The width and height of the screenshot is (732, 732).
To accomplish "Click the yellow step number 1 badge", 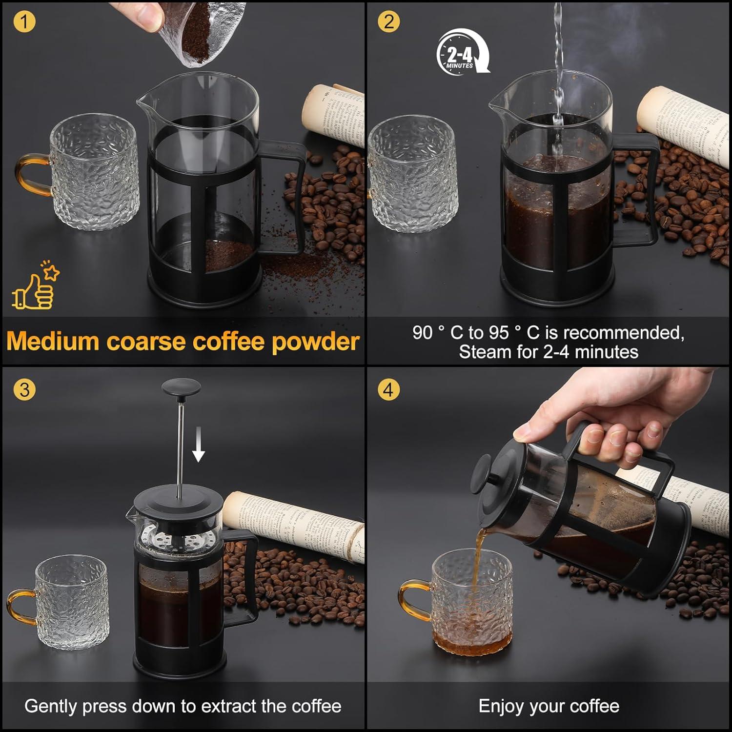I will pos(24,22).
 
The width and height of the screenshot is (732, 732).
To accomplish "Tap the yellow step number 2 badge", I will pos(388,22).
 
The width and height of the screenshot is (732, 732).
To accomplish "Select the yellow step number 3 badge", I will pos(24,390).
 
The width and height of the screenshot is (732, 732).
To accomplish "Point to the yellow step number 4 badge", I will pos(388,390).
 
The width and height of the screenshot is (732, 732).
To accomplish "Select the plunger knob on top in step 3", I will pos(181,388).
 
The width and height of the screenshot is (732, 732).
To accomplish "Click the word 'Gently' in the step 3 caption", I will pos(51,707).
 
